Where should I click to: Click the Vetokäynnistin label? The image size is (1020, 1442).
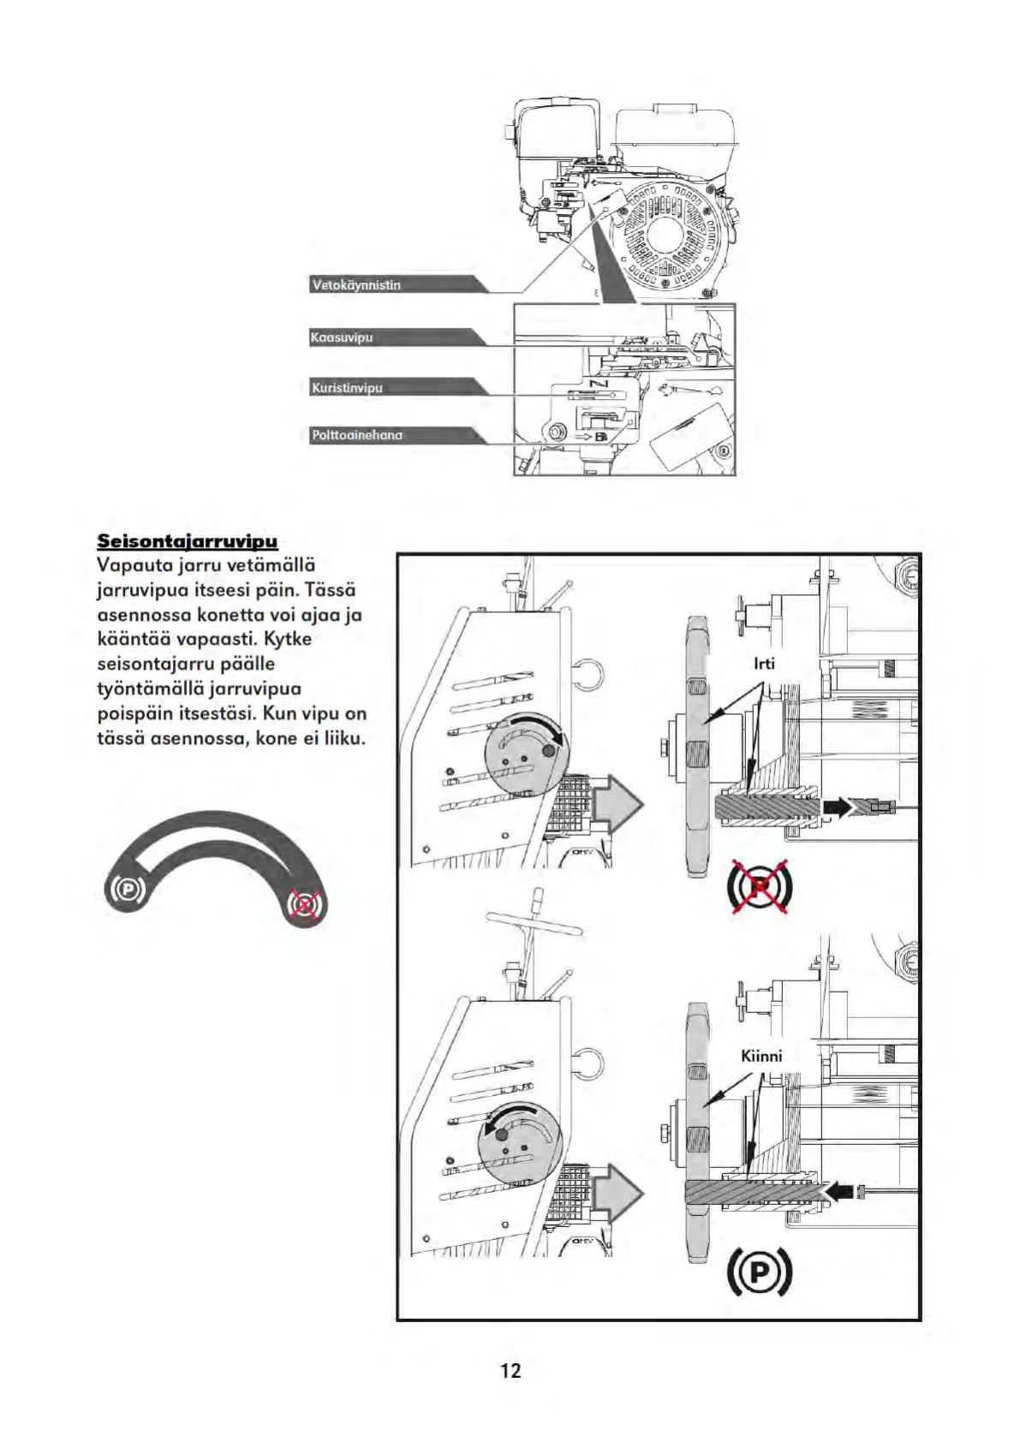click(x=357, y=285)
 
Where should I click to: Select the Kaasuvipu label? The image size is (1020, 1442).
click(x=343, y=337)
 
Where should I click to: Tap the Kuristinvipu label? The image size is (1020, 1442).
click(x=348, y=388)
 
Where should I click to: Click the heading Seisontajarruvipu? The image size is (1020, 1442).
click(x=188, y=541)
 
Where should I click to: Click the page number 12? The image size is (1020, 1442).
click(x=510, y=1371)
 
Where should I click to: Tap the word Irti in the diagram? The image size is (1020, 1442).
click(x=764, y=664)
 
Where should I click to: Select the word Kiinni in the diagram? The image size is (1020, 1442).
click(x=761, y=1056)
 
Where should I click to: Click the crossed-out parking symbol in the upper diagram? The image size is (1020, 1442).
click(x=760, y=886)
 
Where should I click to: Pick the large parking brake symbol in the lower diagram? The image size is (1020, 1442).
click(x=759, y=1273)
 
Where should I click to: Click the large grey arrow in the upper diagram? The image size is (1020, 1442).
click(x=617, y=802)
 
